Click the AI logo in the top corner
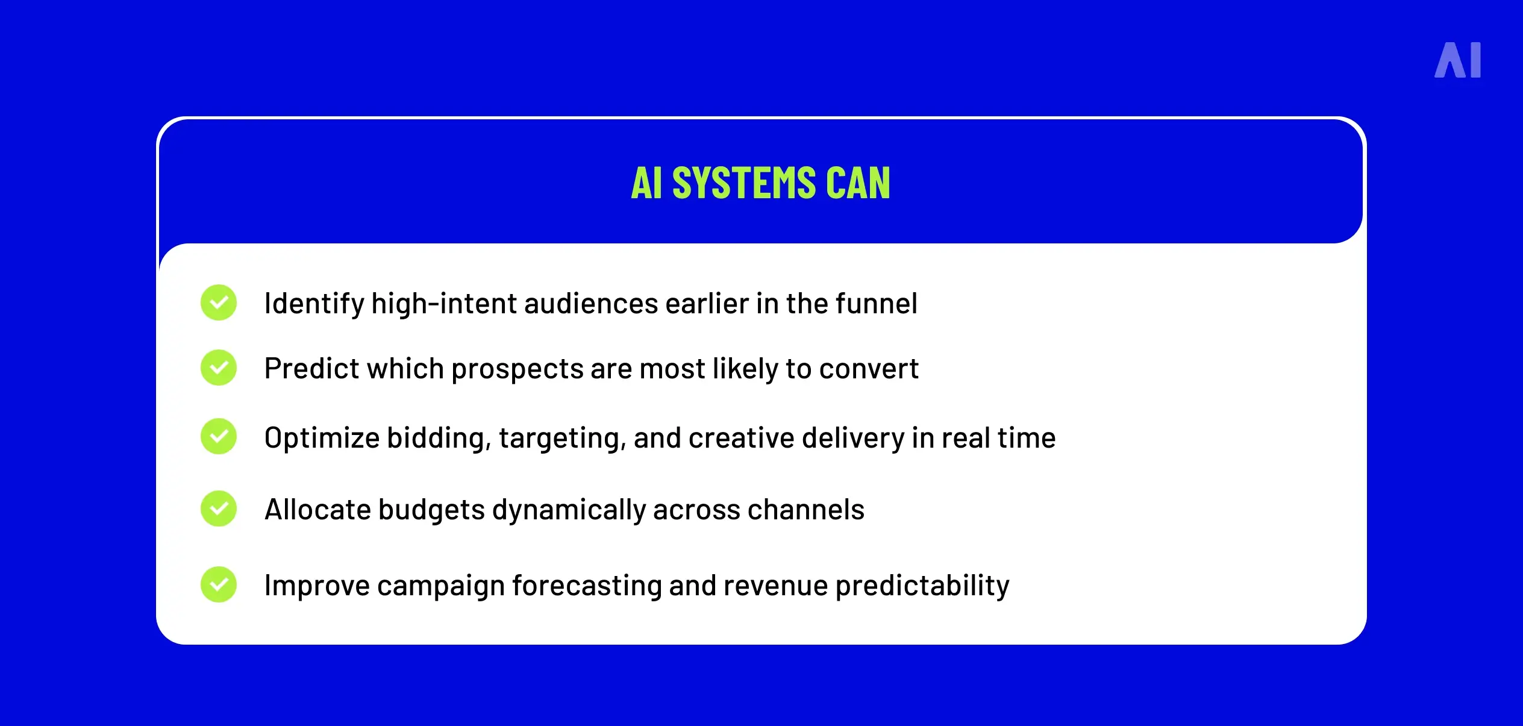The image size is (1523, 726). click(x=1457, y=60)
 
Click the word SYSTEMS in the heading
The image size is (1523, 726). click(x=743, y=183)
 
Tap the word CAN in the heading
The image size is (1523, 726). click(x=858, y=183)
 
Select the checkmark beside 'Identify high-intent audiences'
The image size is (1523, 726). click(x=219, y=302)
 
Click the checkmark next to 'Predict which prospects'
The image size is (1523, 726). click(x=219, y=368)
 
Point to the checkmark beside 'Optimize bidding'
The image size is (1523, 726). click(x=219, y=436)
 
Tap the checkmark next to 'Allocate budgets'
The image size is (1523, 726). click(x=219, y=509)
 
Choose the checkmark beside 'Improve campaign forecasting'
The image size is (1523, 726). click(x=219, y=584)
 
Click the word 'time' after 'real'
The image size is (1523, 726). click(x=1027, y=438)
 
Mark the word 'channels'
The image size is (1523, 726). click(x=805, y=510)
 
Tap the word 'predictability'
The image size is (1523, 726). click(x=922, y=586)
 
